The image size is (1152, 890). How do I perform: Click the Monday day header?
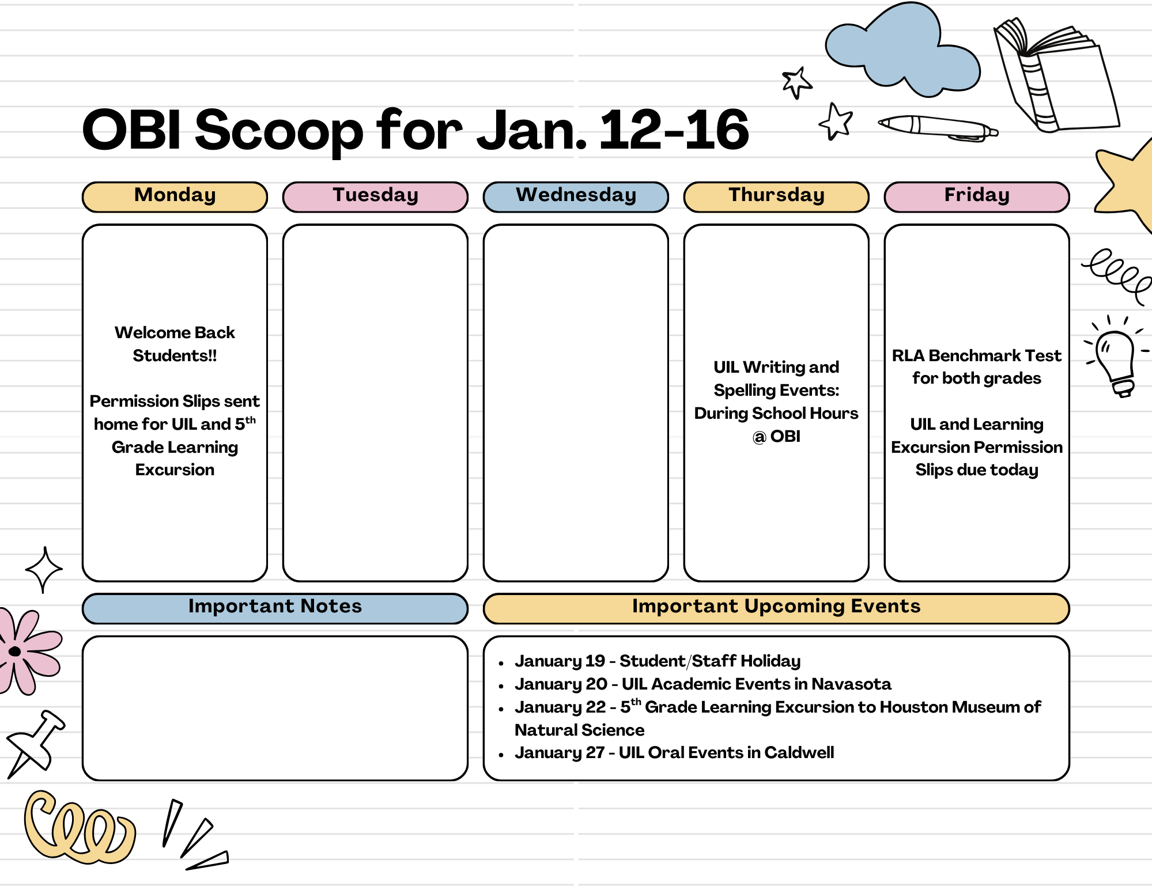175,196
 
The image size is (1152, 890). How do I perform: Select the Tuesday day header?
375,196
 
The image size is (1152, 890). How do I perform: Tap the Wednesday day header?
576,196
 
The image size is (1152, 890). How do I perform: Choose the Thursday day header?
776,196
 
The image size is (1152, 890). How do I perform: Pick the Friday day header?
977,196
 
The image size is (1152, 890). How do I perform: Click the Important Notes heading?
275,607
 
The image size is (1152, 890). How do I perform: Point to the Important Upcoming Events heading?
776,607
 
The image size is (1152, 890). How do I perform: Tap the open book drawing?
1055,75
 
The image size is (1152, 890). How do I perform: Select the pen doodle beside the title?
936,127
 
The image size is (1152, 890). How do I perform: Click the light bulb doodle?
1116,360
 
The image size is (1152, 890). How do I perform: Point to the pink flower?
26,652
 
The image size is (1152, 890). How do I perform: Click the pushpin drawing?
35,743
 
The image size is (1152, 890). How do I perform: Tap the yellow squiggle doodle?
78,830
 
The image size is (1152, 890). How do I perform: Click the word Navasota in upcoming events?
851,684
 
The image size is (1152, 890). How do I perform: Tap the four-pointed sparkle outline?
44,570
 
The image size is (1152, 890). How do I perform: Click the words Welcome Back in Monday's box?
175,333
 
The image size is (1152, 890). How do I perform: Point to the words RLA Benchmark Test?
976,356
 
